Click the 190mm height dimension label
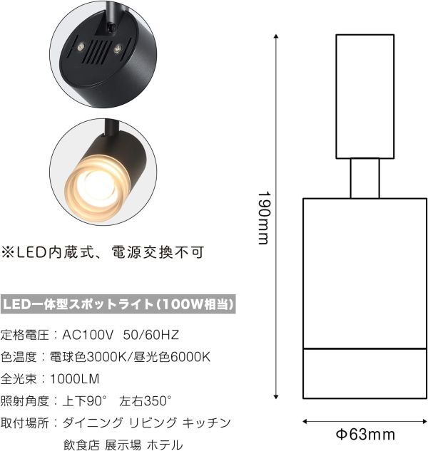[264, 218]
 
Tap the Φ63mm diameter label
[365, 435]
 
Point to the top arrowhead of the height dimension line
[276, 36]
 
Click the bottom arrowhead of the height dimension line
[276, 397]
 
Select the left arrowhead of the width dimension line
[305, 422]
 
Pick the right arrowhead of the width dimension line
[424, 422]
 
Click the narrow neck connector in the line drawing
[365, 178]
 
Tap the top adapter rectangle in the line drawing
[365, 96]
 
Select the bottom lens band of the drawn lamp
[365, 373]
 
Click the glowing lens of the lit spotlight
[95, 187]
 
